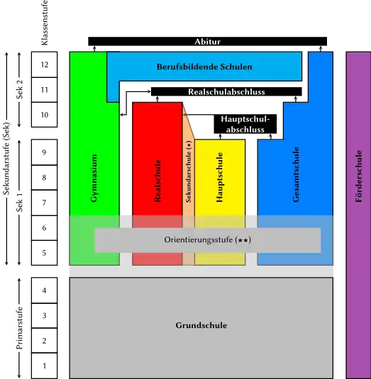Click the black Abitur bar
(207, 41)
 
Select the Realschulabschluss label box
(226, 91)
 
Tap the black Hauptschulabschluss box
(245, 124)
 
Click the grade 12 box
(44, 64)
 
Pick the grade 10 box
(44, 115)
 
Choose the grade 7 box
(44, 203)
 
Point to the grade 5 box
(44, 253)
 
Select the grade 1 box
(44, 366)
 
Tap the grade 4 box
(44, 290)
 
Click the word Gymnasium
(94, 178)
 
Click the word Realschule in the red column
(157, 181)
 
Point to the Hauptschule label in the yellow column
(219, 177)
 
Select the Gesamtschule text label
(296, 174)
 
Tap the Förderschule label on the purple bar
(359, 176)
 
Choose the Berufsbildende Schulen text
(204, 67)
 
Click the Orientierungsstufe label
(207, 239)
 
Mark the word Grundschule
(201, 325)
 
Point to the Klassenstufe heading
(45, 23)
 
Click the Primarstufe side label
(19, 328)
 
